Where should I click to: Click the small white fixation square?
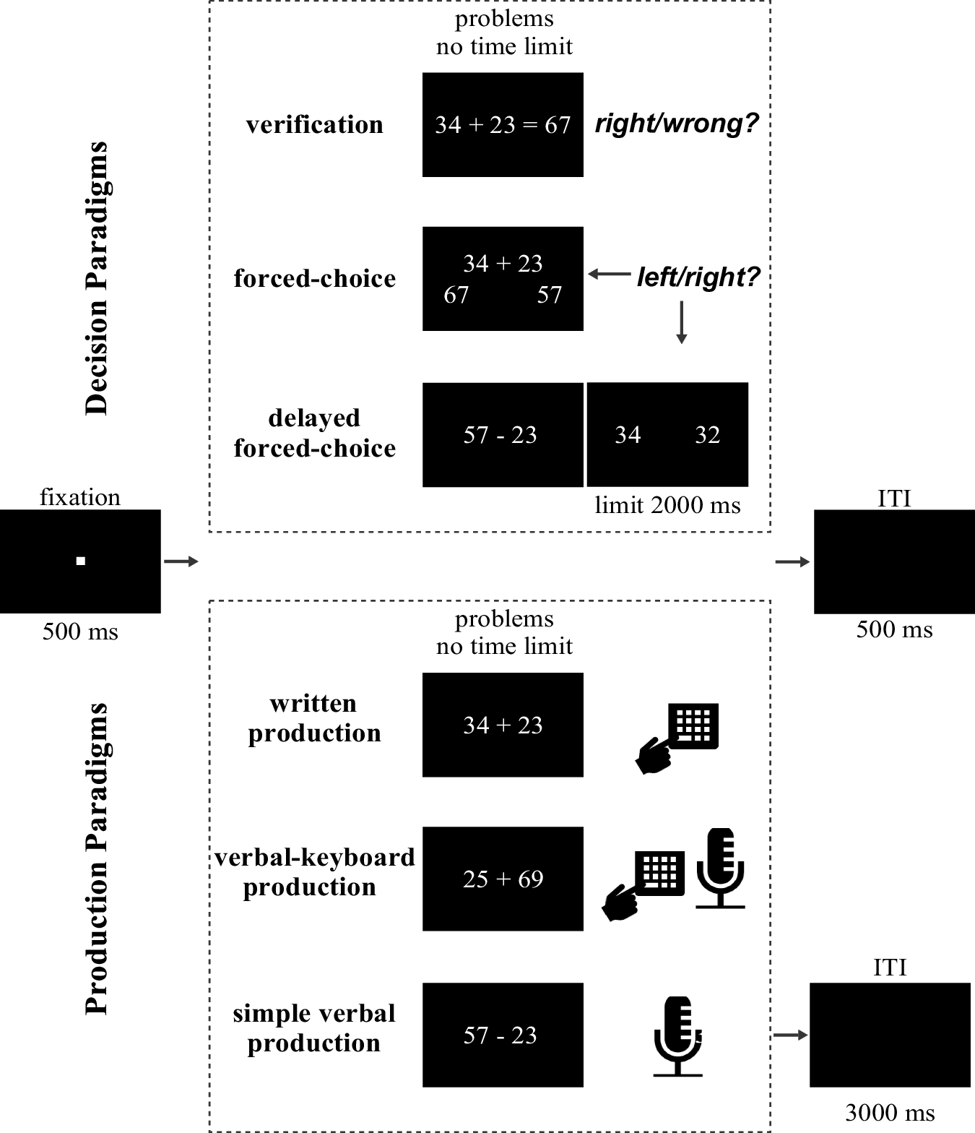(x=81, y=561)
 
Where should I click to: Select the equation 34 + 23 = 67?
(x=503, y=125)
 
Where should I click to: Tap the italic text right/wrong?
(x=677, y=124)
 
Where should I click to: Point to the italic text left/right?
(x=698, y=277)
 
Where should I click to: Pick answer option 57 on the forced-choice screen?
(x=549, y=295)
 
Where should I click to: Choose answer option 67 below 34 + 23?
(x=456, y=295)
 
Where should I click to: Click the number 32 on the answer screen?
(x=707, y=435)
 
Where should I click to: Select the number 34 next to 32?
(x=628, y=435)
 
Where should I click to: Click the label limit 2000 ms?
(x=667, y=505)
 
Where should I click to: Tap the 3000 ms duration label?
(x=890, y=1113)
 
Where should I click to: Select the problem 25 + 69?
(x=503, y=879)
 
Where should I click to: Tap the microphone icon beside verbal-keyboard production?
(x=720, y=868)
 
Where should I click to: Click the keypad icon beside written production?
(x=692, y=726)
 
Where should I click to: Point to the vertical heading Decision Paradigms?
(x=97, y=278)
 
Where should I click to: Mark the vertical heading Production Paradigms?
(x=97, y=858)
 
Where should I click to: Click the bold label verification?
(x=314, y=125)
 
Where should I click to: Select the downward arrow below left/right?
(x=681, y=322)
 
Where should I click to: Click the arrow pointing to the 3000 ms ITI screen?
(x=790, y=1035)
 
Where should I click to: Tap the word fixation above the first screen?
(x=80, y=497)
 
